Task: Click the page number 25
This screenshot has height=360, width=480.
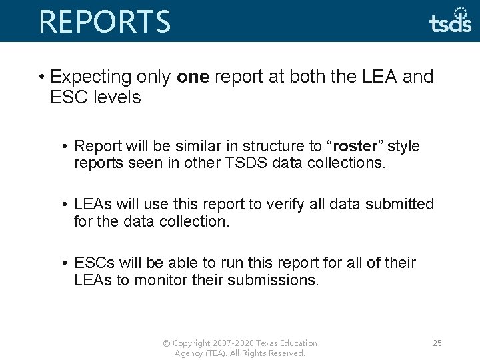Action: coord(437,343)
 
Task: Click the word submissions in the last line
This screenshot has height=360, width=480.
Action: coord(273,280)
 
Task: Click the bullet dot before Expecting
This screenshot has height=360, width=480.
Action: coord(41,77)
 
